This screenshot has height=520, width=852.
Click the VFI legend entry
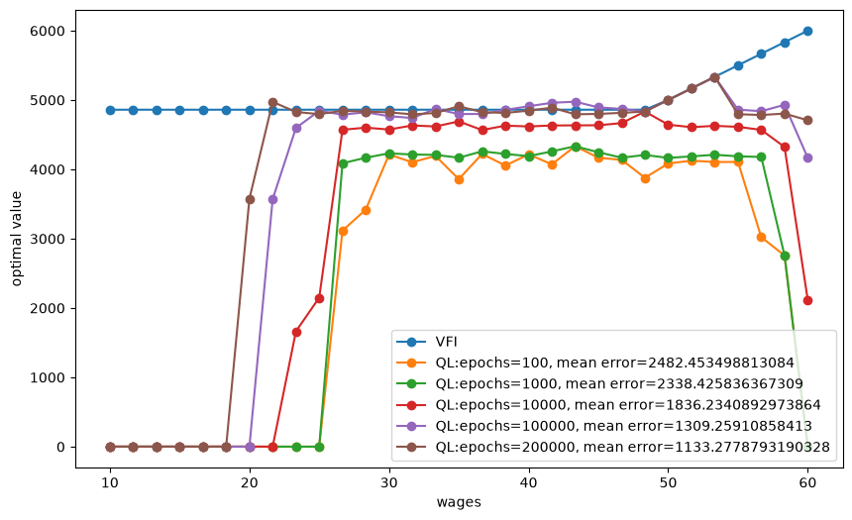click(427, 342)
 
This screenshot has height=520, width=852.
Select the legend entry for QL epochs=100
click(595, 363)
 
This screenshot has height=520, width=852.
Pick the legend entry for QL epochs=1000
click(599, 384)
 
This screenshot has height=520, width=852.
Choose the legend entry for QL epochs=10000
click(608, 405)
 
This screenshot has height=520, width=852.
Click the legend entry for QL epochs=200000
click(613, 447)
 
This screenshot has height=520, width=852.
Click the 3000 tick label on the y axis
click(48, 239)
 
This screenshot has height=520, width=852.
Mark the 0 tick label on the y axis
click(60, 447)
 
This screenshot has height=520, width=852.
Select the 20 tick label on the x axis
click(250, 482)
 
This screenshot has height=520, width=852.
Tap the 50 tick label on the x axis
click(669, 482)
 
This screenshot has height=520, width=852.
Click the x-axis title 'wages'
click(459, 502)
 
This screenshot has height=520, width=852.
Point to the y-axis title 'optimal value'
click(16, 239)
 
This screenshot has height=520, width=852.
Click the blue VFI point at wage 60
click(807, 31)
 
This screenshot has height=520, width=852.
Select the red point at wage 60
click(807, 300)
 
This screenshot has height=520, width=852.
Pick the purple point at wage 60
click(807, 157)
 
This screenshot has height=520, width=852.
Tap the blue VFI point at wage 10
click(110, 110)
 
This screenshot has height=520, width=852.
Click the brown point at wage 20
click(250, 199)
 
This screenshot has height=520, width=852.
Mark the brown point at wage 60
click(807, 120)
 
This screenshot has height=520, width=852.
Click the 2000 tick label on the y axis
click(48, 309)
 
